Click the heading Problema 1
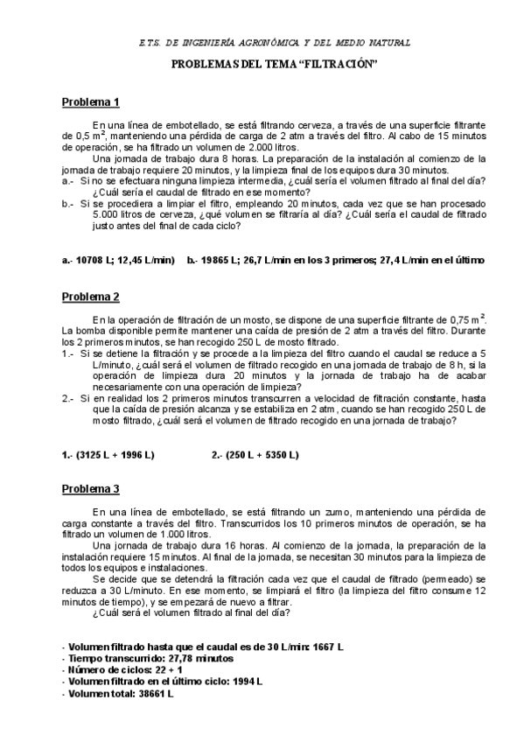[90, 102]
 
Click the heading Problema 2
[90, 297]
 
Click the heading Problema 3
[90, 488]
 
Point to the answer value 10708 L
[94, 260]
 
